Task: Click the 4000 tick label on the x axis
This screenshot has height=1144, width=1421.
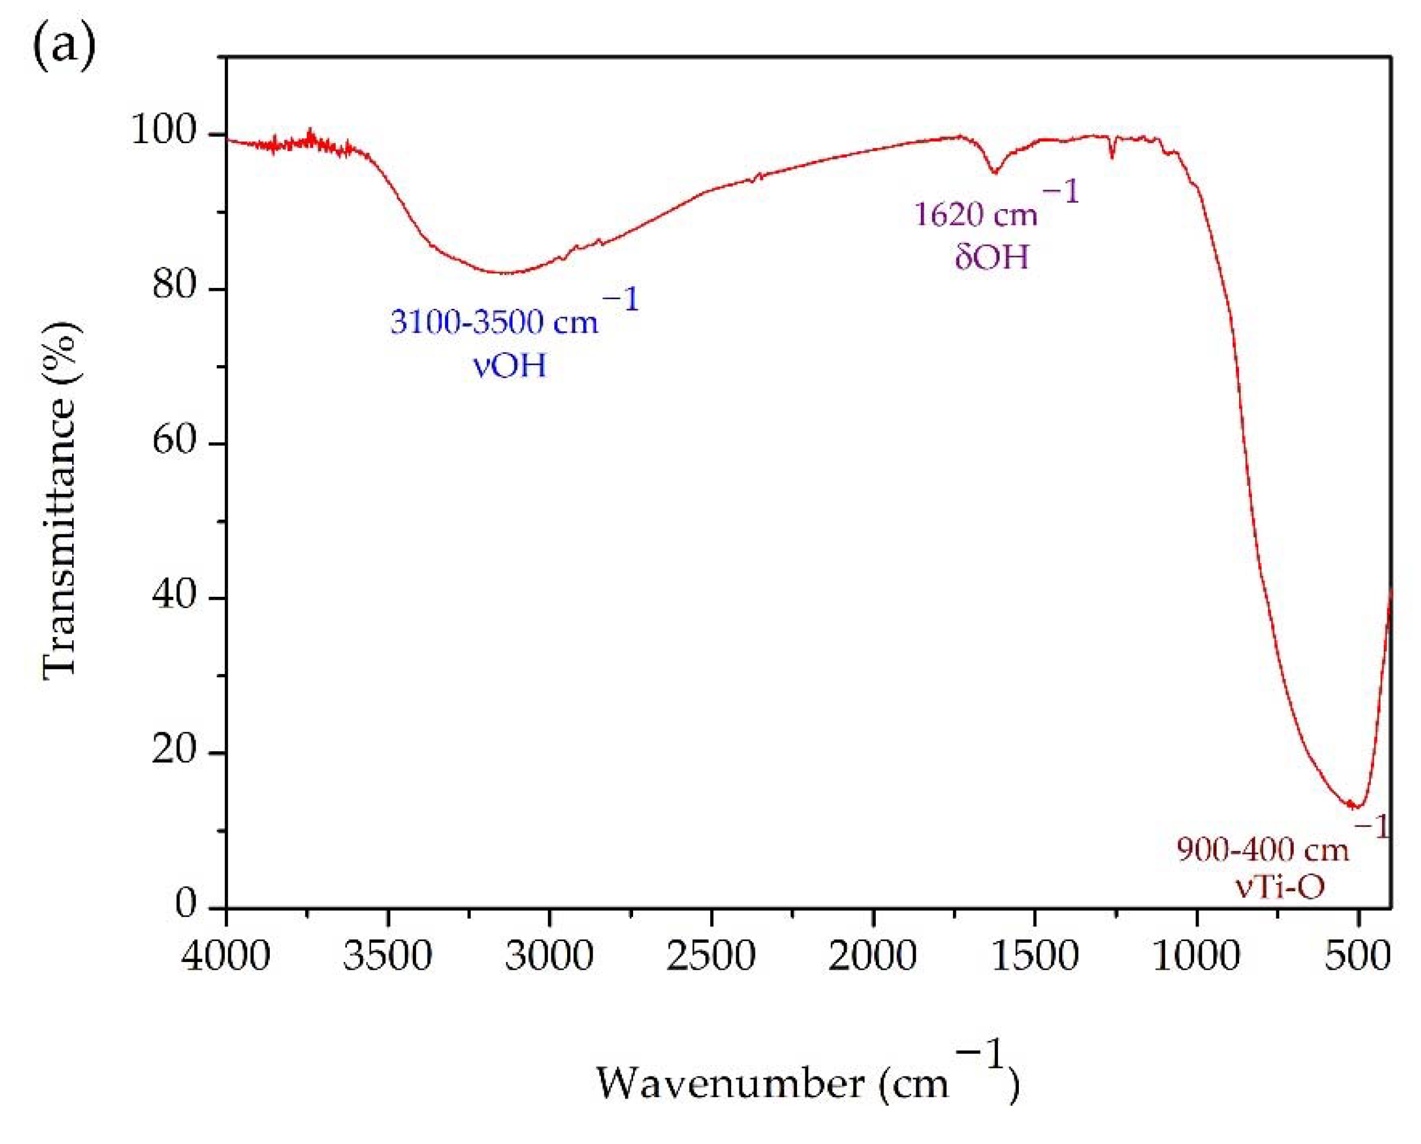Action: [226, 955]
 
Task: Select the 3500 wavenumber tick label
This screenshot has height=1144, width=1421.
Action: [387, 955]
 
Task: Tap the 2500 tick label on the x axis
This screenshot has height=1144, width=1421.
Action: [711, 955]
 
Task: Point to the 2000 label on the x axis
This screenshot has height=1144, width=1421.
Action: [872, 955]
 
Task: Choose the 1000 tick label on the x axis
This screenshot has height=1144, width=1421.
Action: [1196, 955]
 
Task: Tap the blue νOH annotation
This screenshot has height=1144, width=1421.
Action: [510, 365]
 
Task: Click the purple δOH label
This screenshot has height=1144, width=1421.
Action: [991, 257]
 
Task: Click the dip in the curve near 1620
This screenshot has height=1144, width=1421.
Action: [995, 173]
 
